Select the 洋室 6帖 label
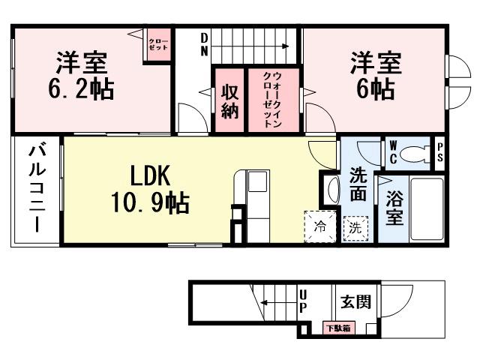[x=374, y=76]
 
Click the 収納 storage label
[x=230, y=100]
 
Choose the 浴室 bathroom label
[x=394, y=208]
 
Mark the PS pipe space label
[x=439, y=153]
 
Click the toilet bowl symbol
[x=412, y=154]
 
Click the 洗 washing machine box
[x=355, y=226]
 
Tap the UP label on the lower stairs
[x=303, y=302]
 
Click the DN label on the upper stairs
[x=203, y=43]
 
